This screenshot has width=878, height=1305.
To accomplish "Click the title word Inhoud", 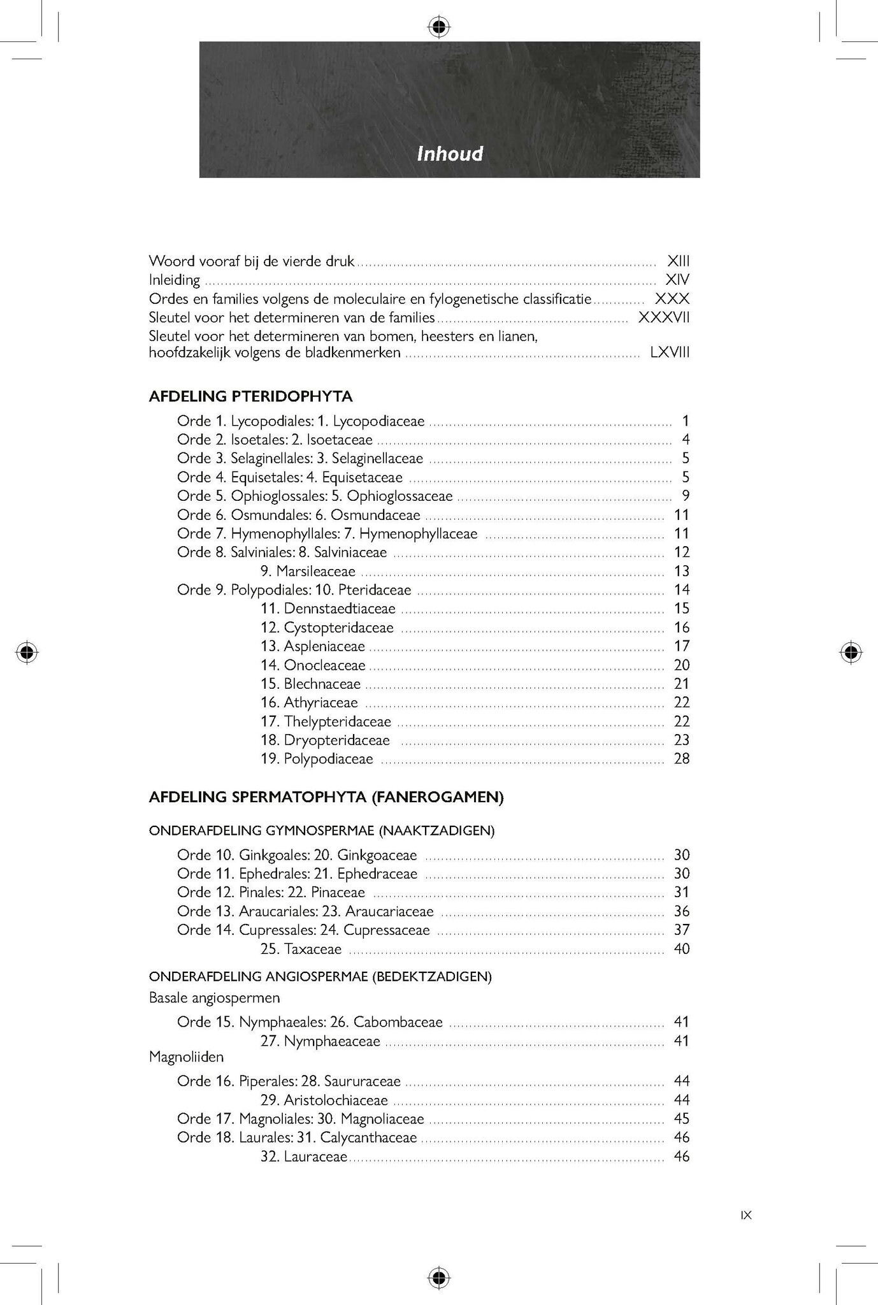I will point(450,154).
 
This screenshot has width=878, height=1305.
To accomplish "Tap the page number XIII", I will point(678,261).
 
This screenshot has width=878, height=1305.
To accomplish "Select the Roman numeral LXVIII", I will point(670,352).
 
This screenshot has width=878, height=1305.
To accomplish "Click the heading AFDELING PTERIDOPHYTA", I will point(250,396).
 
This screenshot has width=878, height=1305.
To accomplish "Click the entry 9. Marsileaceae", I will point(308,572).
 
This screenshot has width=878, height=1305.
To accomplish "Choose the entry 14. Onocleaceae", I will point(313,665).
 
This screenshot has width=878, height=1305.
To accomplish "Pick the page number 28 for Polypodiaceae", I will point(681,759).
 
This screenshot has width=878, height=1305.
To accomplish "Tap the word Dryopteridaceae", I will point(336,740).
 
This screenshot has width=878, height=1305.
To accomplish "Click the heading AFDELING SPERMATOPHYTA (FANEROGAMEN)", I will point(326,798).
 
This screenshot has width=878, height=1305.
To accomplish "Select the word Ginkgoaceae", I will point(377,855).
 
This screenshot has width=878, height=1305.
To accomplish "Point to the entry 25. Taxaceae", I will point(301,949).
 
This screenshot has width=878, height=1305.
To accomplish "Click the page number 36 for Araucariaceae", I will point(681,912).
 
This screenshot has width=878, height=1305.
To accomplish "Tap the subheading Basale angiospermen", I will point(214,997).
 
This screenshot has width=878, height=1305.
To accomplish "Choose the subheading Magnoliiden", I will point(186,1057).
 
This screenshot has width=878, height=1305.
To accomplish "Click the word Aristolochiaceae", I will point(336,1100).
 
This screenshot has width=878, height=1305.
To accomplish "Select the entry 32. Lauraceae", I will point(304,1157).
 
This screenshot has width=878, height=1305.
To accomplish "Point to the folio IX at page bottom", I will point(746,1215).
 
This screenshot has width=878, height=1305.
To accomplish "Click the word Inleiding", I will point(174,280).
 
